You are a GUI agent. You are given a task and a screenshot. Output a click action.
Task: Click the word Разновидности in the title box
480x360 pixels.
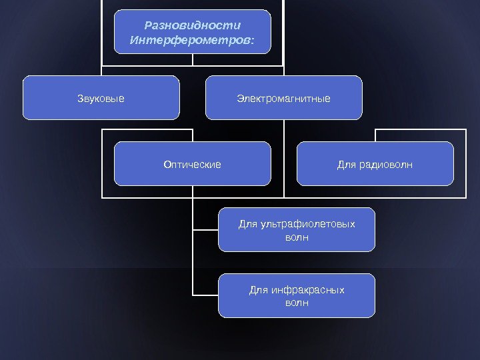(192, 26)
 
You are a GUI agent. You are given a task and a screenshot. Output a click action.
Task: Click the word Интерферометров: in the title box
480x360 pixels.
(192, 41)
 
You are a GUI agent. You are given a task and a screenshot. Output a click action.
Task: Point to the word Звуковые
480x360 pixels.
(101, 99)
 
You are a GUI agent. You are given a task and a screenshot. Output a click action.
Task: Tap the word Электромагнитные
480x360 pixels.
(283, 99)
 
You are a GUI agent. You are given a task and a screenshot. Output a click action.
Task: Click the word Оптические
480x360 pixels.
(192, 164)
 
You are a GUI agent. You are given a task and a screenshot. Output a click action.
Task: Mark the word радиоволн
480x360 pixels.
(386, 164)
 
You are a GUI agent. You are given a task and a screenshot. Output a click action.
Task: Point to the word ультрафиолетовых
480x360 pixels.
(306, 224)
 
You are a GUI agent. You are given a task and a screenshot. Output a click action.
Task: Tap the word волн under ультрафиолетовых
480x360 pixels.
(297, 237)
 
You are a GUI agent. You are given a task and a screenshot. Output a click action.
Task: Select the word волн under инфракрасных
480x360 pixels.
(297, 303)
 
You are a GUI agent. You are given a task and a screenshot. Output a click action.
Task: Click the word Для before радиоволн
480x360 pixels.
(347, 164)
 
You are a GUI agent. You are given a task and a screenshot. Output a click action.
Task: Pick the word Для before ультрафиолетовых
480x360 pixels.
(247, 224)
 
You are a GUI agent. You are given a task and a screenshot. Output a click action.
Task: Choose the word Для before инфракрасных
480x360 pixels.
(258, 290)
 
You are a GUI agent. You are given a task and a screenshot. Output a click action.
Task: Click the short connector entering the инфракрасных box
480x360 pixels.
(205, 295)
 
